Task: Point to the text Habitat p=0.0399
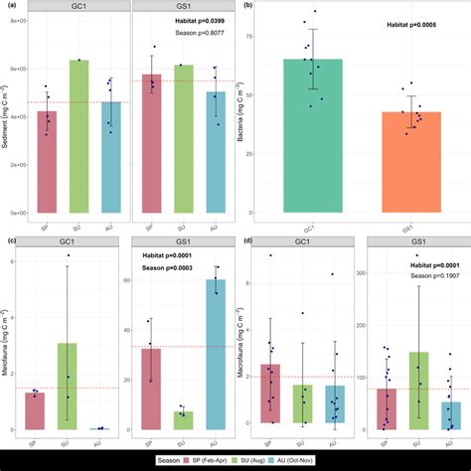[200, 32]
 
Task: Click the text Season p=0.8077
[200, 45]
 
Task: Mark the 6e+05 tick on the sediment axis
[17, 70]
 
